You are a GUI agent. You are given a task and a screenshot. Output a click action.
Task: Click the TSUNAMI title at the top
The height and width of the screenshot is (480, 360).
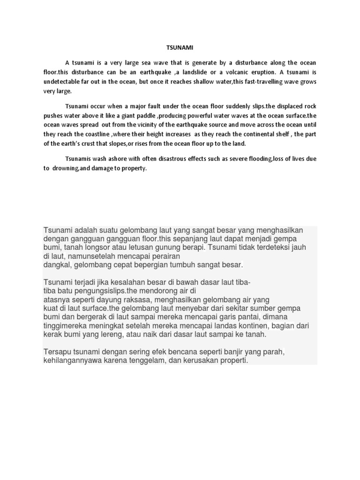(180, 47)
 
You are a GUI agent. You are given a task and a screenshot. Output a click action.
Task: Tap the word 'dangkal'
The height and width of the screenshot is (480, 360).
(56, 265)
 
